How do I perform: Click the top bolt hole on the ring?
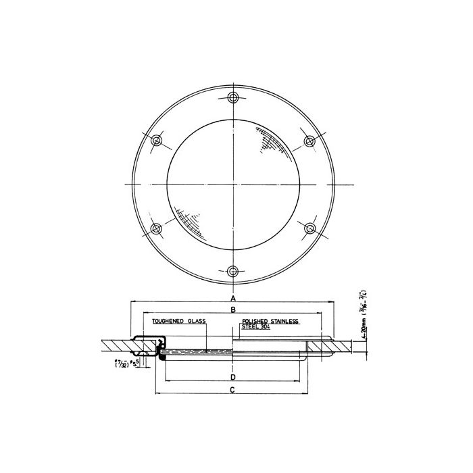(233, 97)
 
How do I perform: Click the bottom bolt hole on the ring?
(233, 271)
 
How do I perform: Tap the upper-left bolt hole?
(157, 141)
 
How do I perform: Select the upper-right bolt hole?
(309, 141)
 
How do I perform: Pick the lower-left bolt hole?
(157, 228)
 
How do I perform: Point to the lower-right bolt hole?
(309, 228)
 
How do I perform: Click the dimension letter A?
(233, 298)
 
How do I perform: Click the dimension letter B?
(233, 310)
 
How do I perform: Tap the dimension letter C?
(233, 391)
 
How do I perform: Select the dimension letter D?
(233, 376)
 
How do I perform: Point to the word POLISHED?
(256, 322)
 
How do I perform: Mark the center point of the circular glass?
(233, 184)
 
